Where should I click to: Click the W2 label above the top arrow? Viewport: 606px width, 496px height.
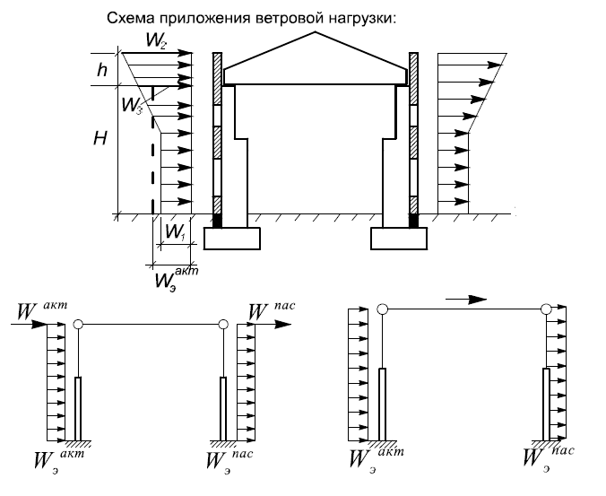click(156, 40)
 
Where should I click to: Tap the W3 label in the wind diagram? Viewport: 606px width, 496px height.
click(132, 104)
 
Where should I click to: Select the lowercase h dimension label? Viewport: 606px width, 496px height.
click(102, 70)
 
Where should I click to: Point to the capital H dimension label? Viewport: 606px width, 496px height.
click(100, 137)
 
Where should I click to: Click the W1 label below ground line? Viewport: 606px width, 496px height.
click(176, 232)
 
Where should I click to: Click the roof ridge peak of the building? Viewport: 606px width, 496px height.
click(316, 32)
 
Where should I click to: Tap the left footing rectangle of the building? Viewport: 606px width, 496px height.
click(232, 239)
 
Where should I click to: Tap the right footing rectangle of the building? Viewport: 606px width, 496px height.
click(399, 239)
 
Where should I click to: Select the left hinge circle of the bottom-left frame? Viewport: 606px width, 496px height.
click(78, 324)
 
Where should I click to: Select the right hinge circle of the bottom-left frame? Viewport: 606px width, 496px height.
click(223, 324)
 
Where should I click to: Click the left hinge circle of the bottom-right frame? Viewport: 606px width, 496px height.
click(382, 309)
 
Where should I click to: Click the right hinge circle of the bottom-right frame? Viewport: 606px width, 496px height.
click(546, 309)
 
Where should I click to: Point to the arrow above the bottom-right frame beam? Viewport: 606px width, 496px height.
click(466, 300)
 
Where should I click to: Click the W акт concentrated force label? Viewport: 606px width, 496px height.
click(42, 311)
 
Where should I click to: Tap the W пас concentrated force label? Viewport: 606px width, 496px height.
click(271, 311)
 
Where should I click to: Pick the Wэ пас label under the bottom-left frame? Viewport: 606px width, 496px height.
click(229, 461)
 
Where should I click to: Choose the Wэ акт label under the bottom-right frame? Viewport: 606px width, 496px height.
click(376, 460)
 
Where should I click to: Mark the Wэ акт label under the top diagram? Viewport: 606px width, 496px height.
click(177, 279)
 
